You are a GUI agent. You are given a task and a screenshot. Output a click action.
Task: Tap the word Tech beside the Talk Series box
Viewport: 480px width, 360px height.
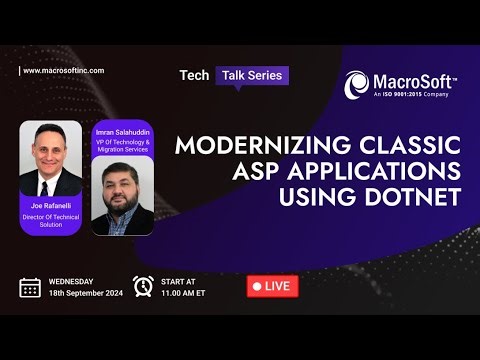click(193, 75)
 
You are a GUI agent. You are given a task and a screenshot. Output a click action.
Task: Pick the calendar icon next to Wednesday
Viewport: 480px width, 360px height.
click(30, 287)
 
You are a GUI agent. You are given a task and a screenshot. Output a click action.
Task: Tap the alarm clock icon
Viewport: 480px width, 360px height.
click(143, 286)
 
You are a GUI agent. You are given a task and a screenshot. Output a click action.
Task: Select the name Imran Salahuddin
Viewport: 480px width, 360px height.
click(122, 131)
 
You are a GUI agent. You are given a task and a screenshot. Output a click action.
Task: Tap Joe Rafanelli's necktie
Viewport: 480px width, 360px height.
click(49, 183)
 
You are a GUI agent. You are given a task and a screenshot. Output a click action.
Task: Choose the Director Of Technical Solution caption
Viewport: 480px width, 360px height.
click(49, 219)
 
